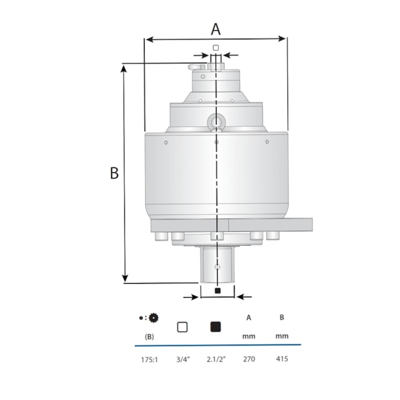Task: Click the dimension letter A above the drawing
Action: click(215, 28)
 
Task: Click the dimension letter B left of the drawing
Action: click(114, 174)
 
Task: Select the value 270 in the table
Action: click(248, 359)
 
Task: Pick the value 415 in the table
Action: click(282, 359)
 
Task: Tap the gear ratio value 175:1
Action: click(150, 359)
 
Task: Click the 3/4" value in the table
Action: click(182, 359)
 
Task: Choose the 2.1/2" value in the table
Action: click(215, 359)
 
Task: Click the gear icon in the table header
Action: click(153, 318)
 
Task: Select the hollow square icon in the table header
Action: click(182, 327)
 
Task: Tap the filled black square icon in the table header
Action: click(215, 327)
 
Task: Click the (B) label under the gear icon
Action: click(149, 337)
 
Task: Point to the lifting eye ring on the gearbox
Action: click(215, 122)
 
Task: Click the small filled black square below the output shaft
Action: click(217, 290)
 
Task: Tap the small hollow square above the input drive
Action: click(215, 47)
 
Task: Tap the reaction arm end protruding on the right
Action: click(302, 225)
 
